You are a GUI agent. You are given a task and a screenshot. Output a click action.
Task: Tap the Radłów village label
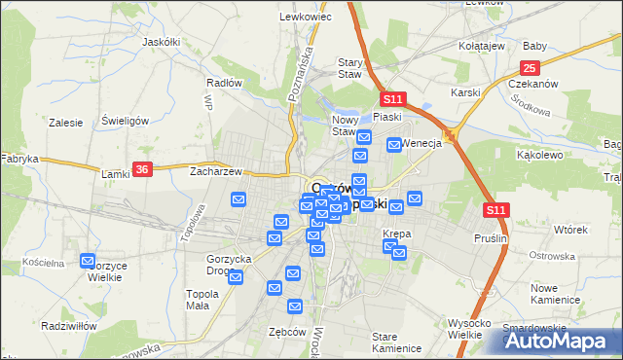coord(224,83)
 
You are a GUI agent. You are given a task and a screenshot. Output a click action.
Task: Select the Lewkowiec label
coord(300,17)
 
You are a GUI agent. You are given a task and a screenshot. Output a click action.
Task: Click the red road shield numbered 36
coord(142,168)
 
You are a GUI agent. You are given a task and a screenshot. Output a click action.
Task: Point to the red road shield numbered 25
coord(530,67)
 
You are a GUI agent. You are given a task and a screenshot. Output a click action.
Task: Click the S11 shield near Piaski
coord(392,99)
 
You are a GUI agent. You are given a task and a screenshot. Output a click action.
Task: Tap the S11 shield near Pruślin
coord(495,209)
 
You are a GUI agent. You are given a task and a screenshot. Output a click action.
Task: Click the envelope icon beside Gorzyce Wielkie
coord(89,261)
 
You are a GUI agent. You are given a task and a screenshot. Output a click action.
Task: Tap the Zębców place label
coord(287,331)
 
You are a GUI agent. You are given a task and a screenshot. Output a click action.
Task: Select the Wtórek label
coord(570,230)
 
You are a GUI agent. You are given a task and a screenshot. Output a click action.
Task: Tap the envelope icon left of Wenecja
coord(394,144)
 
